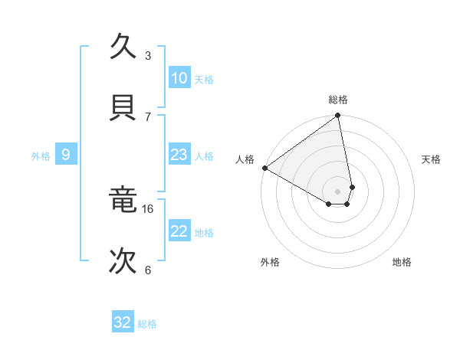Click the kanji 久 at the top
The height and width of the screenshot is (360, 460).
click(124, 47)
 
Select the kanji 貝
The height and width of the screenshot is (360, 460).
click(124, 107)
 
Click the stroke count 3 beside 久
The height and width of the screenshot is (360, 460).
click(148, 55)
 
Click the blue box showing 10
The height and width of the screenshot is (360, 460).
click(179, 78)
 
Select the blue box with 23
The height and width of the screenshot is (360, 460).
click(179, 155)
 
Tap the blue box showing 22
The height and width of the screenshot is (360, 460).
click(179, 231)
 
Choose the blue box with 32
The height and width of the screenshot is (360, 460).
click(123, 322)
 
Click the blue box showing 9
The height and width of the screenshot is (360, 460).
click(66, 155)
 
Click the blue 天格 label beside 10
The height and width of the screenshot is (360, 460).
click(204, 80)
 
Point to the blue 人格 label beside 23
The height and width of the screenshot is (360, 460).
click(204, 156)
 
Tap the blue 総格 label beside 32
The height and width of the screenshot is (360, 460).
click(147, 324)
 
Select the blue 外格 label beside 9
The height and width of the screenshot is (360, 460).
click(41, 156)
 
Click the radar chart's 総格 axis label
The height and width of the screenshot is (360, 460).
click(338, 100)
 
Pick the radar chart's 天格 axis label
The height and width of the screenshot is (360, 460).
click(432, 159)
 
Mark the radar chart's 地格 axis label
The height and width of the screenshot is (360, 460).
click(402, 262)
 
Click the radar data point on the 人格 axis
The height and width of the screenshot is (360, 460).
click(264, 168)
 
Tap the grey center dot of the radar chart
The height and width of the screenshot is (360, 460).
click(338, 191)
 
